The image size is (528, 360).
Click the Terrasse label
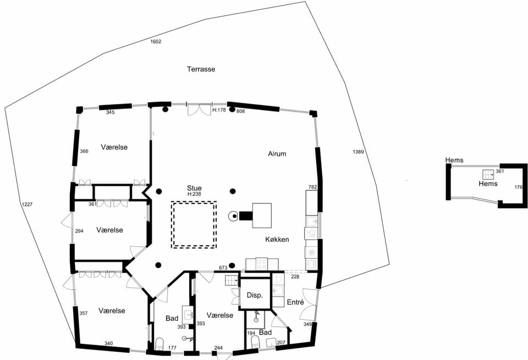(x=201, y=69)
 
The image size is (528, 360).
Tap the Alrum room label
(x=277, y=154)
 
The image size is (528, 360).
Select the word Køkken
(x=277, y=239)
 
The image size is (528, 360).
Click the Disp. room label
(x=255, y=295)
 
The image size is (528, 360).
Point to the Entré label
(x=295, y=302)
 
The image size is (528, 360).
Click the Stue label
(x=194, y=188)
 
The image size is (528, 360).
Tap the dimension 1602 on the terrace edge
(x=156, y=42)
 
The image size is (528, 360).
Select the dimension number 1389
(x=358, y=152)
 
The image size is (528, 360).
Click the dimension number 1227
(x=27, y=204)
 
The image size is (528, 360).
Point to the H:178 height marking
(x=219, y=110)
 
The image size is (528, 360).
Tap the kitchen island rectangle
(x=262, y=215)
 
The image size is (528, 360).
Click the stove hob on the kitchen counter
(x=262, y=264)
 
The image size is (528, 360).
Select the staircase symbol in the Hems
(x=488, y=175)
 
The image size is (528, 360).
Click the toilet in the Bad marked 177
(x=159, y=344)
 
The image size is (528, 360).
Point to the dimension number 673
(x=223, y=268)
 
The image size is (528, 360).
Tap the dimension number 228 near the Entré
(x=295, y=276)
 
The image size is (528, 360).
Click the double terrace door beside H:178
(x=199, y=110)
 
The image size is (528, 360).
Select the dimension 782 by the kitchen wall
(x=313, y=187)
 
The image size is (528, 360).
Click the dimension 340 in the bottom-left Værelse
(x=108, y=344)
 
